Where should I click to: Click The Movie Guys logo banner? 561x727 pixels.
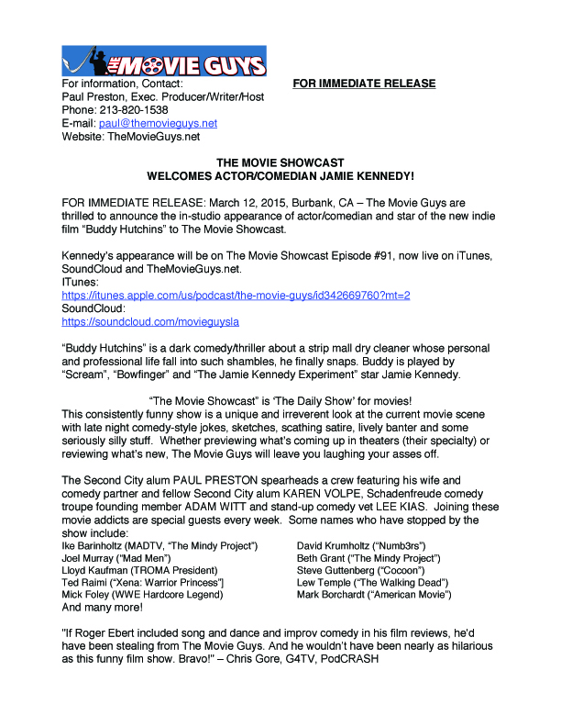tap(164, 61)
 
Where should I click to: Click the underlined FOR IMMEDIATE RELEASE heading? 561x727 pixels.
tap(364, 84)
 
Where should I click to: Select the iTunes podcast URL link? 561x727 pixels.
tap(236, 296)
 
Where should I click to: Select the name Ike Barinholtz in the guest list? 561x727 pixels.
tap(92, 546)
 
